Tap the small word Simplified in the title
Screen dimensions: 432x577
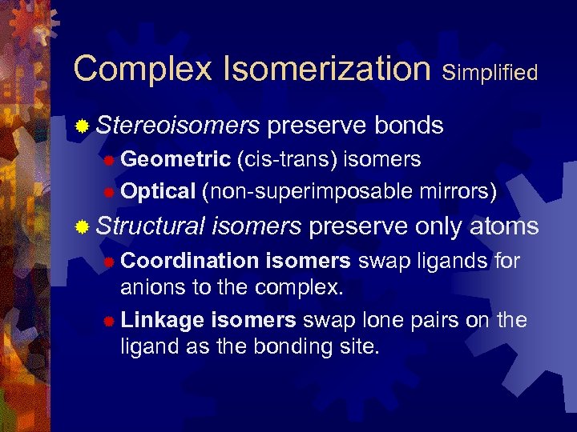[490, 73]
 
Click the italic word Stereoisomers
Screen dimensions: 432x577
[178, 126]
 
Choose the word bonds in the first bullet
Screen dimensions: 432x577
[409, 125]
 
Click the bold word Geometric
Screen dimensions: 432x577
[176, 159]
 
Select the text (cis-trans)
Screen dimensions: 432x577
[287, 159]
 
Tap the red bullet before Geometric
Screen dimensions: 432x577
[109, 160]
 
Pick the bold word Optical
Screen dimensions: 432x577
[158, 191]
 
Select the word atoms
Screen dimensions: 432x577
[503, 226]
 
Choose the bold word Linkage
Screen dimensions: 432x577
[163, 320]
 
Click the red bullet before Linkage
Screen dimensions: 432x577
[109, 321]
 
